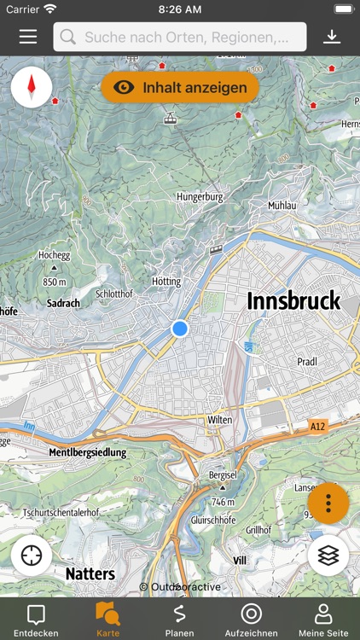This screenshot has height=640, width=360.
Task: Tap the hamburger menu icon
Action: [28, 37]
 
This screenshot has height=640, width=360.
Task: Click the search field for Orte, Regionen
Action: [180, 37]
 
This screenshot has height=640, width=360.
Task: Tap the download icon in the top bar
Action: [332, 37]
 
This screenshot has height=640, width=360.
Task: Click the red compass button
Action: [32, 87]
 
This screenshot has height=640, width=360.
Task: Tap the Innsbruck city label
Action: [293, 301]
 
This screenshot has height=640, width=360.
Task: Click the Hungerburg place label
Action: [200, 196]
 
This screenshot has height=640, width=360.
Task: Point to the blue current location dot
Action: [179, 329]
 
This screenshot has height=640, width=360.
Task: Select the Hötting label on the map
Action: [166, 282]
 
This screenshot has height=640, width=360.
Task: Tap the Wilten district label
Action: [219, 420]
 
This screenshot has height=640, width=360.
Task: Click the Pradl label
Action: [307, 362]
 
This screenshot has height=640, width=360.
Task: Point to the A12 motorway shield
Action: [317, 426]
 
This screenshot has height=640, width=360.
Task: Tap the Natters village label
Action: [90, 573]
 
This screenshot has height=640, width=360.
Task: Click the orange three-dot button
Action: [328, 503]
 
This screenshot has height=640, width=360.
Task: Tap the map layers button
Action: [328, 556]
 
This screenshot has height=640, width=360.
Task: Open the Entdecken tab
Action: [36, 620]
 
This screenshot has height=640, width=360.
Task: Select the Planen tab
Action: [180, 620]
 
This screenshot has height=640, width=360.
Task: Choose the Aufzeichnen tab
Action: [251, 620]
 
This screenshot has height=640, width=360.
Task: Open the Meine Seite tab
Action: [323, 620]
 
